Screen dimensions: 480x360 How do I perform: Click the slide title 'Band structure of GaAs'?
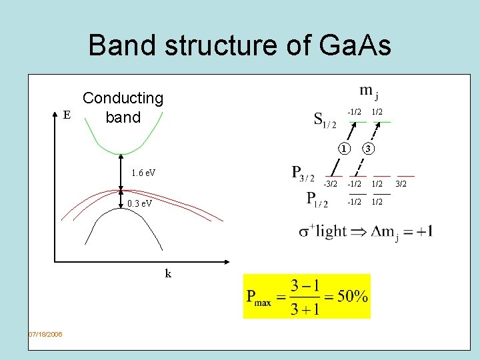239,45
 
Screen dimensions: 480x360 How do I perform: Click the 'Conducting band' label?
123,108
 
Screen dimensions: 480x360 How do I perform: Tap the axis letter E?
66,115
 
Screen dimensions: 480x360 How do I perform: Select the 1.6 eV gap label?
143,173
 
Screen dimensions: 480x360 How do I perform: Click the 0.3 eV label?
139,203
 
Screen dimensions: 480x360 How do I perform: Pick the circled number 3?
369,148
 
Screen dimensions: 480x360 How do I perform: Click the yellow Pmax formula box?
307,296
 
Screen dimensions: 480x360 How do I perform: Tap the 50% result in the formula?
351,297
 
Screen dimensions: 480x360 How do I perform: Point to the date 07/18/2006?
45,334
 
